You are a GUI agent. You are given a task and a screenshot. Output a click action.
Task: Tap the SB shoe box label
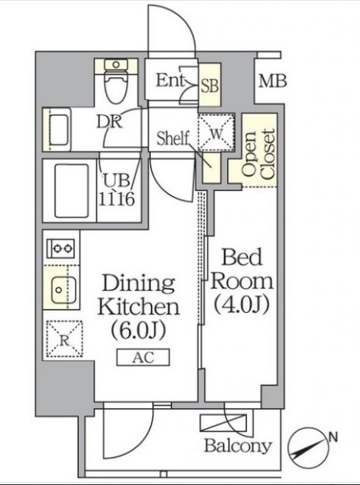click(x=209, y=86)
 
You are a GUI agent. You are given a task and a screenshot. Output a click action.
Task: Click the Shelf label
click(x=172, y=138)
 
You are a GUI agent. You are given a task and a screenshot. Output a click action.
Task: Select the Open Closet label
click(x=258, y=155)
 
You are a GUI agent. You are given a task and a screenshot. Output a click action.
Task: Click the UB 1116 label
click(x=118, y=189)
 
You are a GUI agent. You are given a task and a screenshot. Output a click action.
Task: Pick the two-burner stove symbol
click(x=60, y=248)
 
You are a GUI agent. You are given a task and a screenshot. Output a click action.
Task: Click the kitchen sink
click(x=60, y=289)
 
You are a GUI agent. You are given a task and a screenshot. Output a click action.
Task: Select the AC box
click(x=143, y=358)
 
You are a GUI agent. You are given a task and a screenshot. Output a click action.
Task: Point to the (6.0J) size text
click(x=139, y=331)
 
